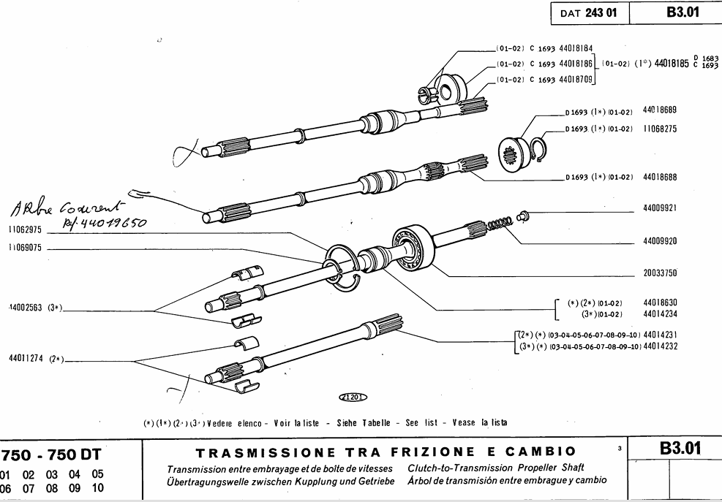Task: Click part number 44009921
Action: tap(659, 208)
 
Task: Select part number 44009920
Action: tap(659, 240)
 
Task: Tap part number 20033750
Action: tap(659, 273)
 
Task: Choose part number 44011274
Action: tap(27, 358)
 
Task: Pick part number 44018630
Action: tap(659, 303)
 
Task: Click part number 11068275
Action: tap(659, 127)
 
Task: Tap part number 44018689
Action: tap(659, 110)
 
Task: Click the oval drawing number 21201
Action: tap(353, 398)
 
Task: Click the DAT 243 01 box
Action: tap(588, 13)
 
